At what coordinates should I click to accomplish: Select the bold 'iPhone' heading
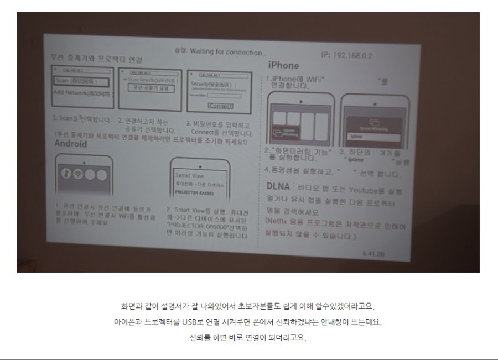tap(283, 66)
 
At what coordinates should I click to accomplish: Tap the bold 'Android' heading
tap(70, 144)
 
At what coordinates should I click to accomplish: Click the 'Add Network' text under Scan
tap(81, 92)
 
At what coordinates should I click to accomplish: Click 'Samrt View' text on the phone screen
tap(186, 175)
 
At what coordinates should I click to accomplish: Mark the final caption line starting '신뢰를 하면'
tap(248, 337)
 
